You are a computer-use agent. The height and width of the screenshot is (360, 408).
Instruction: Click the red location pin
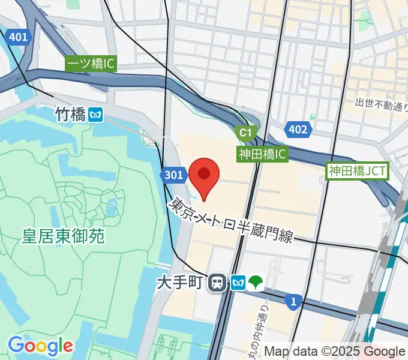point(204,176)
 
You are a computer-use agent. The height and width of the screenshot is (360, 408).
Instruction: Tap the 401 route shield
point(19,37)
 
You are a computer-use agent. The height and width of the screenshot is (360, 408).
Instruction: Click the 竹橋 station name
point(70,114)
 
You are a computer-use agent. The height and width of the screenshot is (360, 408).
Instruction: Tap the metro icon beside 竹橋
point(95,114)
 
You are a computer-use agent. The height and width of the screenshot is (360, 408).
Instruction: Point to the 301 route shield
point(172,175)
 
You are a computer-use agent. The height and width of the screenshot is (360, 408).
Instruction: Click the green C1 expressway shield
point(246,133)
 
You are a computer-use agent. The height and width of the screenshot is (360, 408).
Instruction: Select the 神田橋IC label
point(263,154)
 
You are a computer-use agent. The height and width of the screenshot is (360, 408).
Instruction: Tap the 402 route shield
point(298,129)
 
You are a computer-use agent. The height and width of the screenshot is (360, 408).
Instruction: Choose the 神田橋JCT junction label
point(358,171)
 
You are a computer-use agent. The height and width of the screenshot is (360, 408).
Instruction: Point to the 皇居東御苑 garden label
point(64,236)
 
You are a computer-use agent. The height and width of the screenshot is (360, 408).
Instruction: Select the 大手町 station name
point(181,281)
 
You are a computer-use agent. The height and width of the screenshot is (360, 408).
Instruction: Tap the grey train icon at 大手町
point(217,282)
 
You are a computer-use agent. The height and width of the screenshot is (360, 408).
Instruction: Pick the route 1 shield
point(292,304)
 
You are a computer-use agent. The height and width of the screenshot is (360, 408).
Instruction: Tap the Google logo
point(40,346)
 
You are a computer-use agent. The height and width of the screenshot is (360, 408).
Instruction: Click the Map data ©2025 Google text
point(335,351)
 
